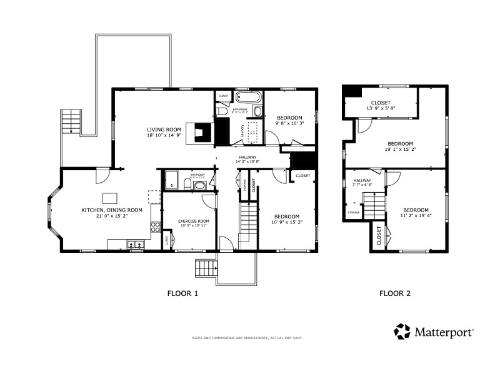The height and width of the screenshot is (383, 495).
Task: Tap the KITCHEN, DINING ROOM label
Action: point(112,210)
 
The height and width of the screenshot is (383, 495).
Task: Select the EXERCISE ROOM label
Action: point(194,221)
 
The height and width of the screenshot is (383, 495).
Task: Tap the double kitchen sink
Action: point(137,245)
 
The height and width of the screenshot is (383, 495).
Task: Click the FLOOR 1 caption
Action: point(183,293)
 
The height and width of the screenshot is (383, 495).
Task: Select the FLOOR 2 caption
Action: point(395,293)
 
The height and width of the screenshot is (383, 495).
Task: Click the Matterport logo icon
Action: point(402,331)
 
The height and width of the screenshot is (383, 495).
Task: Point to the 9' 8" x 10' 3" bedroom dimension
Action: point(289,124)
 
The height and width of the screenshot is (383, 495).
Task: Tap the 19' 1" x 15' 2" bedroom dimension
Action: point(400,150)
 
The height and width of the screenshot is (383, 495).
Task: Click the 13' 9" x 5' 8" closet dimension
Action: point(381,108)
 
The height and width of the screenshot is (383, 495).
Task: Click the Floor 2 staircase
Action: point(374,205)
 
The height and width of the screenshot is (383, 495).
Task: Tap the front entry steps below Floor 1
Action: point(206,268)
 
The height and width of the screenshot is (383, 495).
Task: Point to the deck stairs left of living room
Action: point(72,121)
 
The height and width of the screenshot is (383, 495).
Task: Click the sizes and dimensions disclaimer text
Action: point(247,338)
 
